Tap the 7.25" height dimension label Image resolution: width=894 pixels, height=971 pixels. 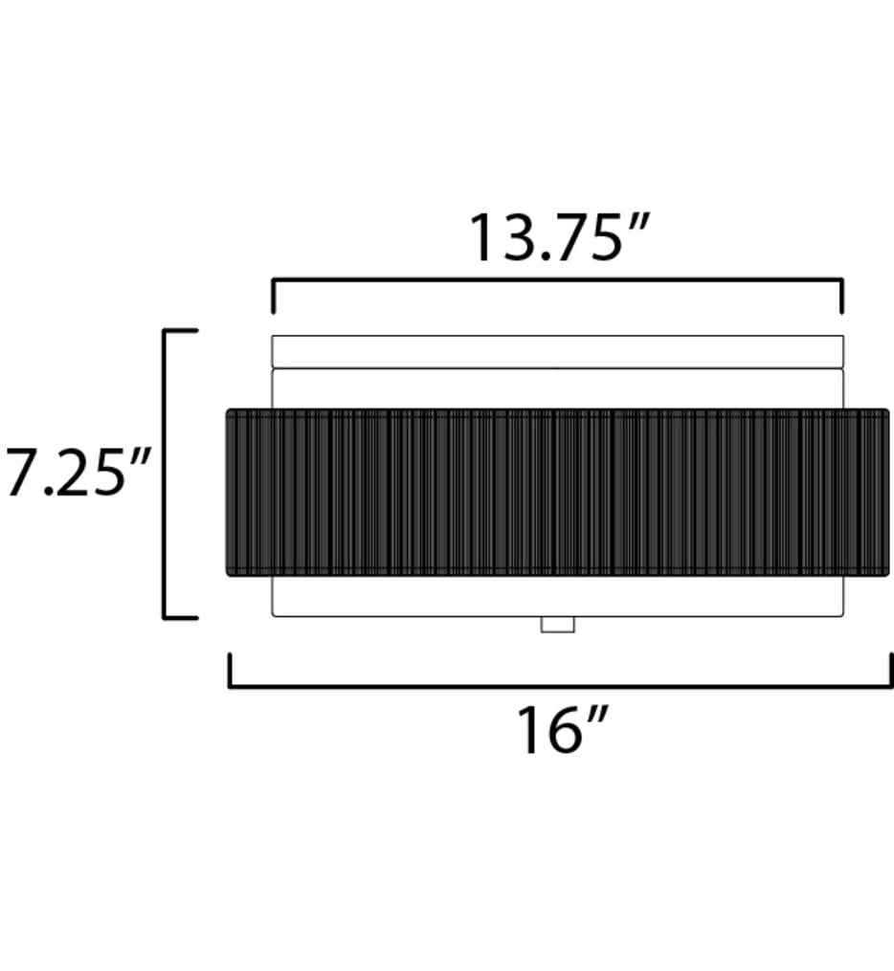pos(78,474)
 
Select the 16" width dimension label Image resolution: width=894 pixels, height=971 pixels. pos(563,730)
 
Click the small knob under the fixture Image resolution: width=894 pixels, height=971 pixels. pos(558,624)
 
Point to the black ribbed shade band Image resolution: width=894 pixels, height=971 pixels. pos(558,493)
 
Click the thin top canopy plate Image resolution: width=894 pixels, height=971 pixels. pos(558,351)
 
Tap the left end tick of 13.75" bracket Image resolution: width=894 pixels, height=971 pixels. pos(274,297)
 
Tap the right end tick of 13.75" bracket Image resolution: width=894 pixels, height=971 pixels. pos(841,297)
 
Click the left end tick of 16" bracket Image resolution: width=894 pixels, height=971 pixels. pos(231,670)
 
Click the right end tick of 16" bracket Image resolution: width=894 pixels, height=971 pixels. pos(891,670)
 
